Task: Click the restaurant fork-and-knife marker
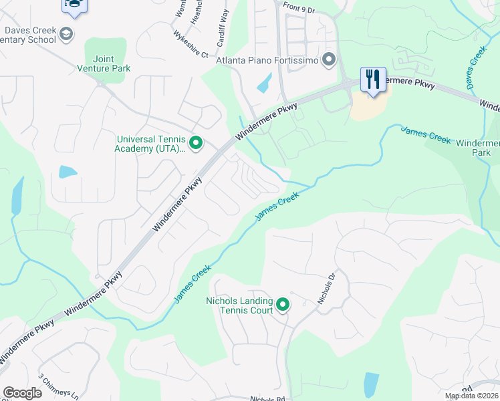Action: [x=373, y=79]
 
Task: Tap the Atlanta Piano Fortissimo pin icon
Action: [x=328, y=60]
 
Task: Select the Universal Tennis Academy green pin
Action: [x=196, y=143]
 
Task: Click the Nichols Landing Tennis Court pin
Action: [x=283, y=305]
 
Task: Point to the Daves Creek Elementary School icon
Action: [x=66, y=33]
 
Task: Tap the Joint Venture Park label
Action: [x=104, y=63]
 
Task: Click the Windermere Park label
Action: [x=477, y=148]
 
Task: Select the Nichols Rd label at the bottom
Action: [x=267, y=398]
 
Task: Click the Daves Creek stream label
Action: [x=476, y=64]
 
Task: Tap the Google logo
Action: [x=22, y=393]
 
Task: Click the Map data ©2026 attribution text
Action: [x=472, y=396]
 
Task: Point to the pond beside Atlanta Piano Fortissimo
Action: [x=265, y=83]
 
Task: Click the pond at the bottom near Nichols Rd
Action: [x=370, y=384]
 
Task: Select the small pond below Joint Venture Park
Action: [x=68, y=172]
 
